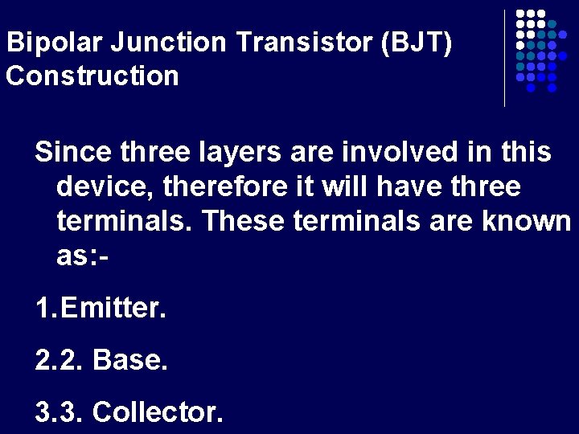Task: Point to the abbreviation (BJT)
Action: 422,43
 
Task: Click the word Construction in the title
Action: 92,76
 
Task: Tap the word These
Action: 244,221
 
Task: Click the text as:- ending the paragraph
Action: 83,256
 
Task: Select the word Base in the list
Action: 130,361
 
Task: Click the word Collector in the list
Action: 158,412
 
